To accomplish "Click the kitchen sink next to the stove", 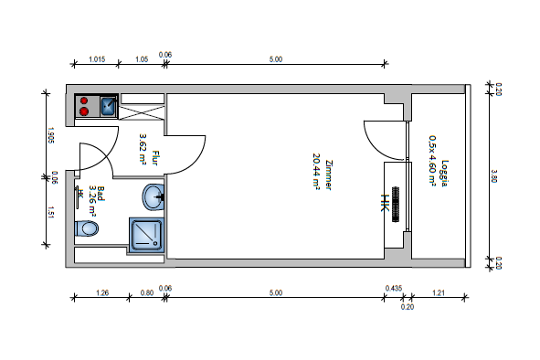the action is [109, 107].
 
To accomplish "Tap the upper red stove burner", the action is [84, 101].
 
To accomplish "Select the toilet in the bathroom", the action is [87, 228].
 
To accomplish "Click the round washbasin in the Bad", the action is [153, 197].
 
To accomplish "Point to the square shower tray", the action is [147, 235].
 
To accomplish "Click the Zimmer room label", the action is [329, 175].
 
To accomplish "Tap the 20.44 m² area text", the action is [316, 171].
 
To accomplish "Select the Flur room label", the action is [155, 158].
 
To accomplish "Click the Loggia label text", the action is [445, 174].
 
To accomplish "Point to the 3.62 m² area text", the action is [143, 148].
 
